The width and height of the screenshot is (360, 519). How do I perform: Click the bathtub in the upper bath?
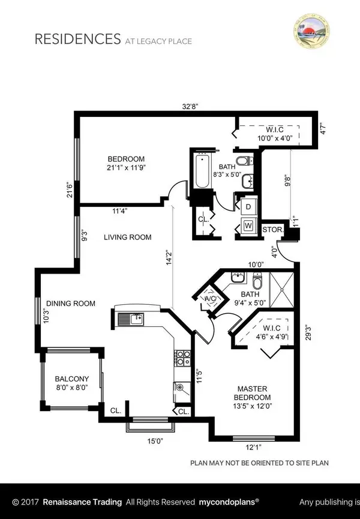[202, 173]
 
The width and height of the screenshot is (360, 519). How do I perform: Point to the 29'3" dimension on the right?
[307, 331]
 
